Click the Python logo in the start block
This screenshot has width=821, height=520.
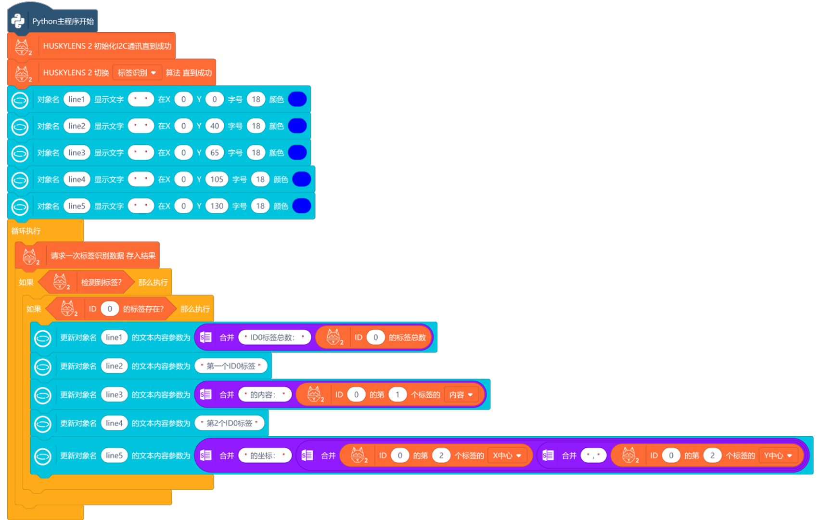point(18,21)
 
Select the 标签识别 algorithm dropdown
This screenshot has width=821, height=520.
point(137,73)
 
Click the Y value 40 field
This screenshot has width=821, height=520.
point(215,126)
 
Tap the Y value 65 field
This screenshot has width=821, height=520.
point(215,153)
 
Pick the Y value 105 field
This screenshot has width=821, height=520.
point(217,180)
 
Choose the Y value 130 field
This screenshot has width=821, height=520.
point(217,206)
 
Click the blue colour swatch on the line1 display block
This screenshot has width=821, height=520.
point(297,99)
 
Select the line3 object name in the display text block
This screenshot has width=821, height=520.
point(77,153)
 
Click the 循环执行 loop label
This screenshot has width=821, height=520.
point(26,231)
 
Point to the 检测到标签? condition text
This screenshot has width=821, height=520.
point(101,283)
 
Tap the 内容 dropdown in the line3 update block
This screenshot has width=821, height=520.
point(461,395)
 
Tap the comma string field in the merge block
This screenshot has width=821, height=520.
point(593,455)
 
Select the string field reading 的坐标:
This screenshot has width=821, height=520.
point(265,455)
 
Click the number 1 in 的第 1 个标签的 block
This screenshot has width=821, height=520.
point(398,395)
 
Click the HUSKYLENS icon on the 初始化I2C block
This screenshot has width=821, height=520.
point(22,46)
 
